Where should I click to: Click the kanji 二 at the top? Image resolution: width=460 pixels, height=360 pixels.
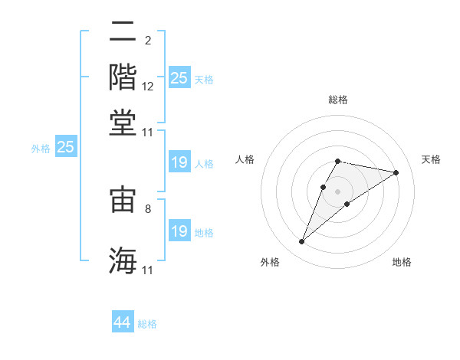[123, 32]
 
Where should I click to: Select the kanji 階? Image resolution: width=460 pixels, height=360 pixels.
[123, 77]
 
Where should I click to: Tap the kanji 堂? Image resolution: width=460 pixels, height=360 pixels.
[123, 123]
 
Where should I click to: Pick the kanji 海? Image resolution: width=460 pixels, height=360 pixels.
[123, 260]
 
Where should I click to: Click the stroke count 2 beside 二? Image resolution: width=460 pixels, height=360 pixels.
[148, 41]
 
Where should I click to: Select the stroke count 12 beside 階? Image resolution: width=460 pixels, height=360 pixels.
[148, 87]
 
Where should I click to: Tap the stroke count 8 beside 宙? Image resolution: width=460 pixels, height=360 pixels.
[148, 208]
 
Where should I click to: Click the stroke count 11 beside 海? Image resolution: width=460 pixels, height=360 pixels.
[148, 270]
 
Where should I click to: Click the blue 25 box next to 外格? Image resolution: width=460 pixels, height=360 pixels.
[65, 147]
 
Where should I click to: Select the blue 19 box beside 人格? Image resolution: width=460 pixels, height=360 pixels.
[179, 162]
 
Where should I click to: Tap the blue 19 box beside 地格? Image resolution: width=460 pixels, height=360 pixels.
[179, 231]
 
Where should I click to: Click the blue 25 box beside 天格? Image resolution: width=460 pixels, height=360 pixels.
[179, 77]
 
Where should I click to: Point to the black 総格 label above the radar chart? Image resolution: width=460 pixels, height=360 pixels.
[337, 100]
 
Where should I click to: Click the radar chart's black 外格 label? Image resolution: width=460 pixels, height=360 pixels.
[270, 262]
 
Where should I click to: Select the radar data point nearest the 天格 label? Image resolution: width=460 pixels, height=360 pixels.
[396, 173]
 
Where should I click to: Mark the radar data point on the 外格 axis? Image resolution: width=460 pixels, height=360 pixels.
[301, 242]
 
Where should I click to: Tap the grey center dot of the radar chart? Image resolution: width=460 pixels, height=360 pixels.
[338, 191]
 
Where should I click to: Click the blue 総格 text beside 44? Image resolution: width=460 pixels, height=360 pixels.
[147, 324]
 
